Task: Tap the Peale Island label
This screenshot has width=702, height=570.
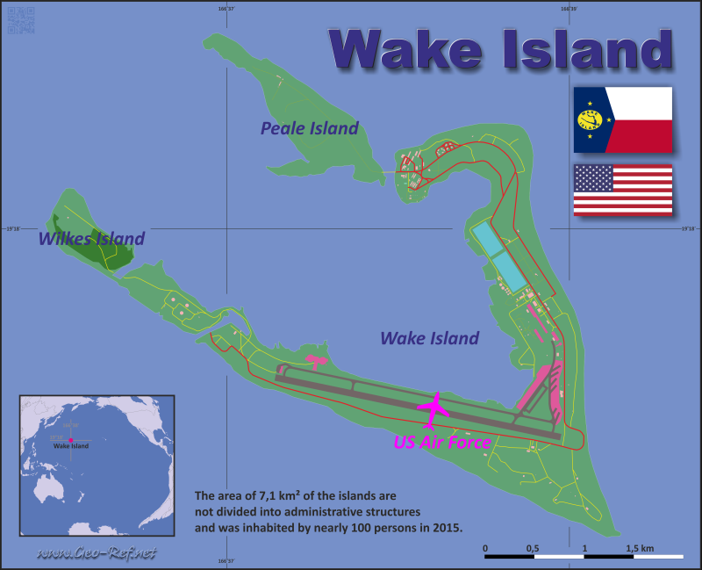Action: [310, 128]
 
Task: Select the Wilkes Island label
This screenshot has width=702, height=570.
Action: [90, 238]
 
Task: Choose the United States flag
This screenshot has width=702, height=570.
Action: [622, 189]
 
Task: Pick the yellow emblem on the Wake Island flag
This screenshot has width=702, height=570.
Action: [591, 119]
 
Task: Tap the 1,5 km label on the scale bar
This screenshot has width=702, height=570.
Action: [640, 548]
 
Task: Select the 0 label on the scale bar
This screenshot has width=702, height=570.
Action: [485, 548]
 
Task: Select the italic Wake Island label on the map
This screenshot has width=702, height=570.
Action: [429, 338]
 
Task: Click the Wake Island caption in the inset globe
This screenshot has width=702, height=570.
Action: [71, 446]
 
